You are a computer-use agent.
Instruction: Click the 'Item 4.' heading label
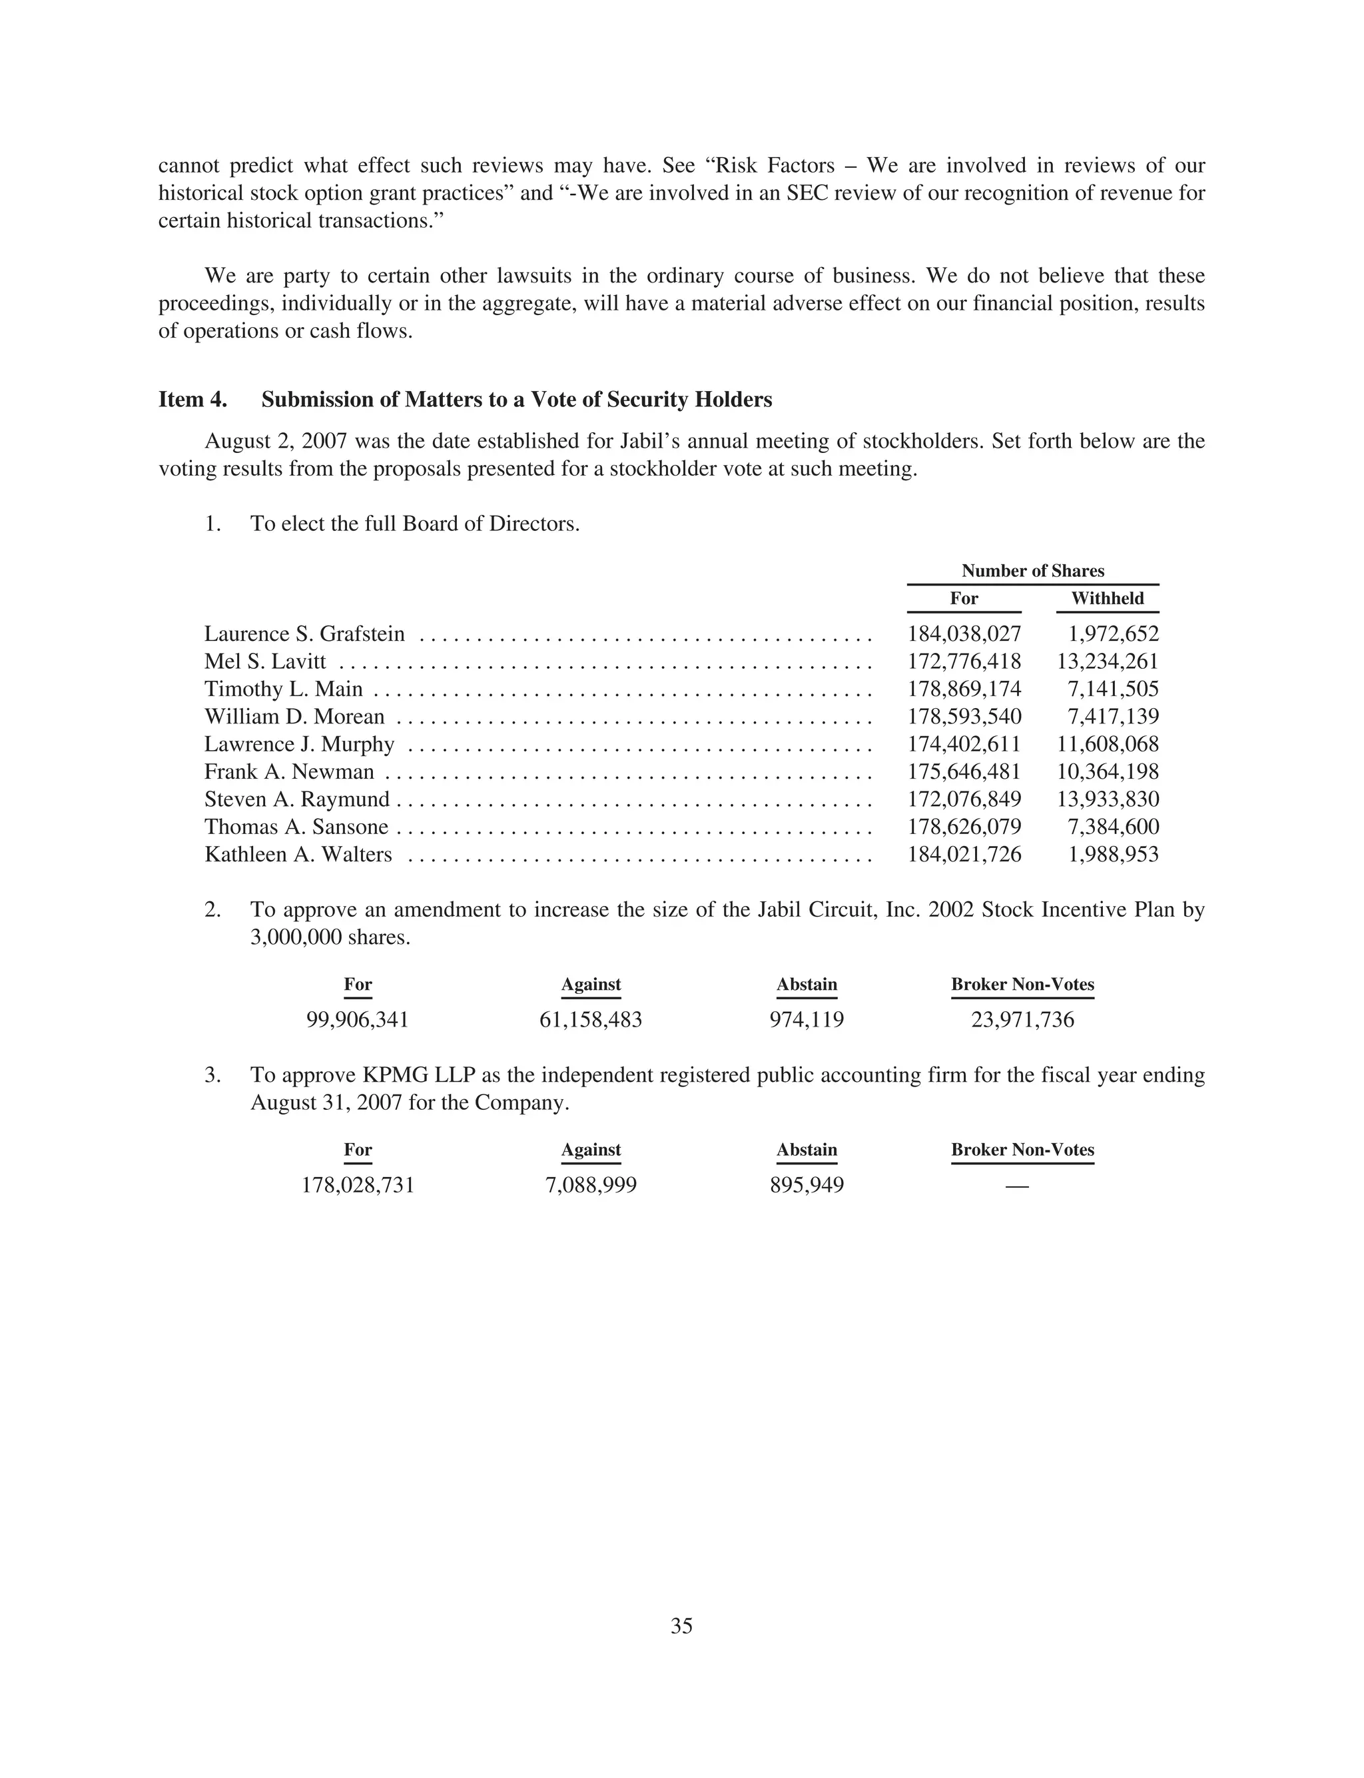click(192, 400)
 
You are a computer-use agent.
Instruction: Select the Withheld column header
click(1107, 598)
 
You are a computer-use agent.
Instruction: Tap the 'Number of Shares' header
click(1033, 571)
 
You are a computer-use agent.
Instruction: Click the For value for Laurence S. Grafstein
click(964, 634)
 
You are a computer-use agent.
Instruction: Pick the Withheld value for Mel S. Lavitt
click(1108, 662)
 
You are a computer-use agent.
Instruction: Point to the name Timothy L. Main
click(283, 689)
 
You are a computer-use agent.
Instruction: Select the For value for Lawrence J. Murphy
click(964, 745)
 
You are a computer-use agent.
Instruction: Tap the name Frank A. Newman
click(289, 772)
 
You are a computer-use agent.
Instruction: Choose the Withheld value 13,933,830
click(1108, 799)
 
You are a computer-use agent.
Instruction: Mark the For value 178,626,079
click(964, 827)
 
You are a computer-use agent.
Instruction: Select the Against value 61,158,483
click(590, 1020)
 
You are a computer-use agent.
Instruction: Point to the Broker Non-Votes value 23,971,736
click(1022, 1020)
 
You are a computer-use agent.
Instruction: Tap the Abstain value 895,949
click(807, 1185)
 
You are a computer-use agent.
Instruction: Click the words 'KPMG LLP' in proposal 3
click(418, 1075)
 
